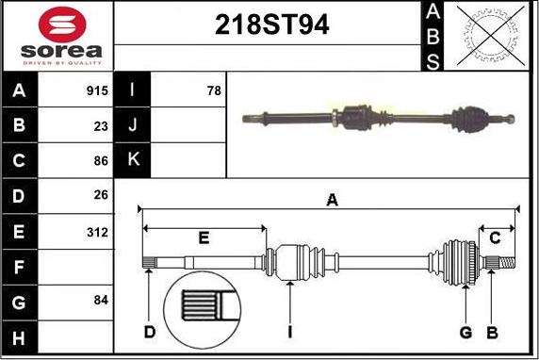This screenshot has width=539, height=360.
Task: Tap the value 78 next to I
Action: coord(214,91)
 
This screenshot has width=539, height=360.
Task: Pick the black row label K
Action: coord(132,160)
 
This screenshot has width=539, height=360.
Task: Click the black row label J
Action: coord(132,125)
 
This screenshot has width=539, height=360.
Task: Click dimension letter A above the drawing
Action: coord(331,199)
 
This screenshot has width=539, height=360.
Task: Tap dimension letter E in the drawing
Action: coord(204,237)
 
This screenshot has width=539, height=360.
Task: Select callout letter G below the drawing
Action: coord(465,332)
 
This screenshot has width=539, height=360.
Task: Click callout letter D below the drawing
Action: coord(149,332)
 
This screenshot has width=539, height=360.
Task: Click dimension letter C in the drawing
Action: coord(496,237)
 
